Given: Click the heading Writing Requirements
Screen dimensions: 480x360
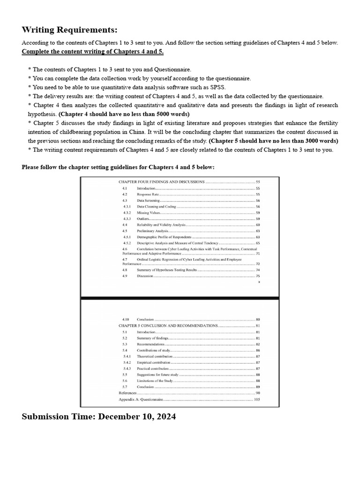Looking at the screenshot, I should (x=69, y=30).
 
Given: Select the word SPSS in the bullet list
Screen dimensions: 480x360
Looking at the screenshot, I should (x=216, y=87).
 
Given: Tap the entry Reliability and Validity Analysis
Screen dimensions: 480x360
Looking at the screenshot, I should (x=161, y=225).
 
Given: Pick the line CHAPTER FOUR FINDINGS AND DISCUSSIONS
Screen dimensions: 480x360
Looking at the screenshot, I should (x=161, y=181).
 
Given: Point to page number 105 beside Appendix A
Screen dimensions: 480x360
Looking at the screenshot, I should (x=256, y=399).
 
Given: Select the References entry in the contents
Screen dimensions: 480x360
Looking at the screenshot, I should (x=128, y=393).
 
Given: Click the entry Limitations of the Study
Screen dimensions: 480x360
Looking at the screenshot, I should (x=155, y=381).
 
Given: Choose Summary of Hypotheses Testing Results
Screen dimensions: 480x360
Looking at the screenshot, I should (x=166, y=270).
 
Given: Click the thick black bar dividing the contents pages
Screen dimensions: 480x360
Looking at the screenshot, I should (x=180, y=298).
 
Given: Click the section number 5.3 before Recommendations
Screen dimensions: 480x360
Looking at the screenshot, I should (x=125, y=344).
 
